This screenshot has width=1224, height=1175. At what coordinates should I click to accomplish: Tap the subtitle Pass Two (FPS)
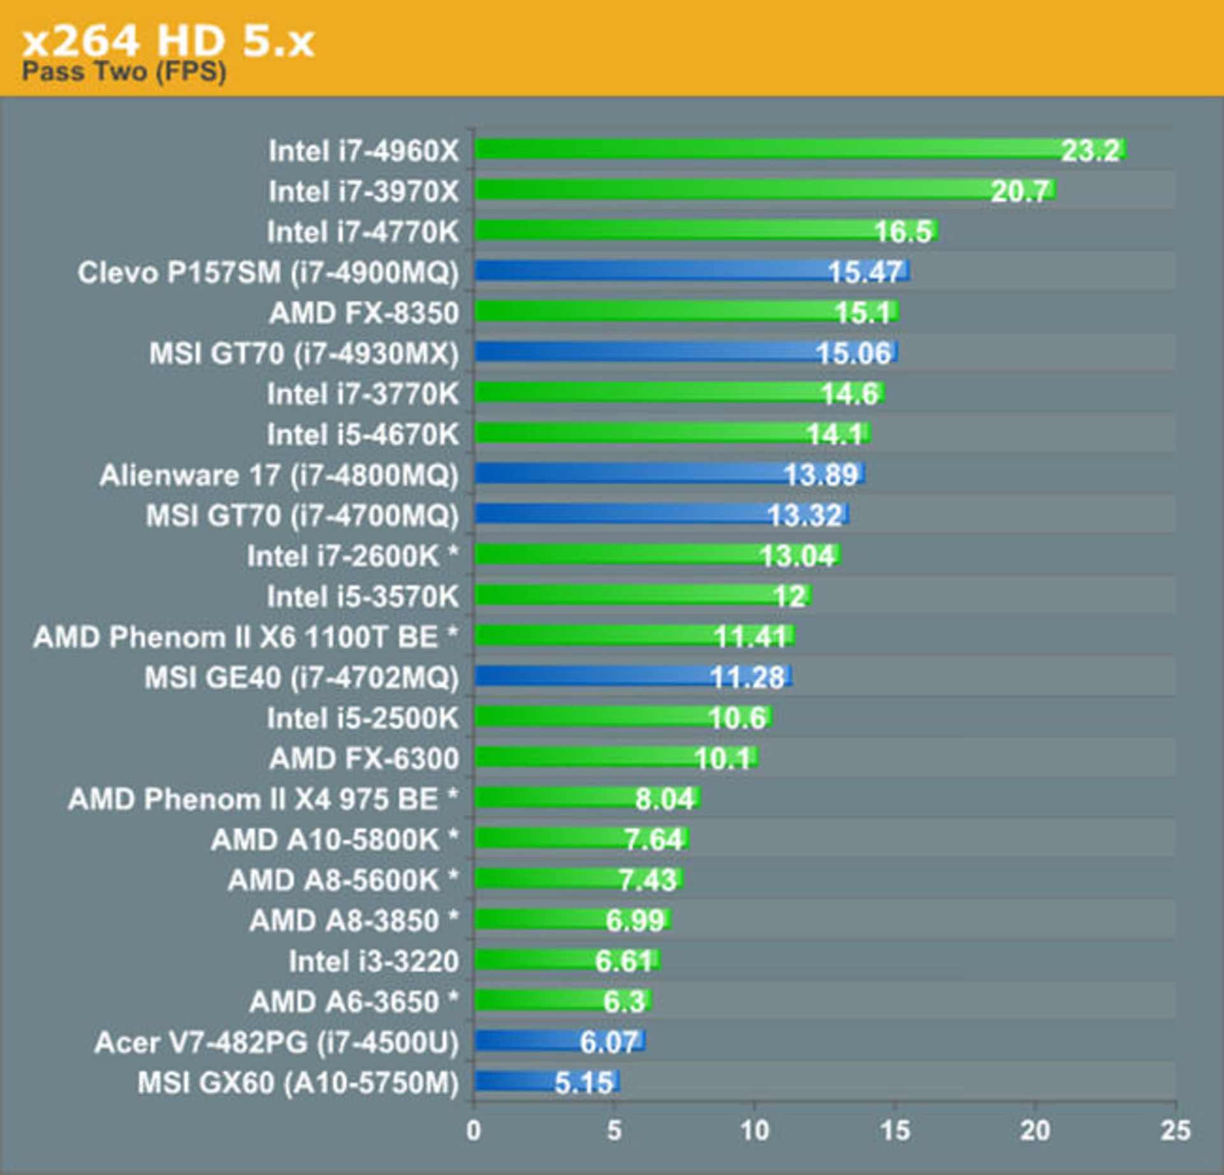[124, 71]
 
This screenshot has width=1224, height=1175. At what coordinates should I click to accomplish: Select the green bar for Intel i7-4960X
[765, 149]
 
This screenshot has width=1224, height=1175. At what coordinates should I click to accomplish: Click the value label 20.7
[1019, 191]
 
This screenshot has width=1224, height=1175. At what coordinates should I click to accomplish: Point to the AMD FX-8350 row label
[364, 312]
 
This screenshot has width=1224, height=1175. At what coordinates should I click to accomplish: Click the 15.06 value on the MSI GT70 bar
[854, 353]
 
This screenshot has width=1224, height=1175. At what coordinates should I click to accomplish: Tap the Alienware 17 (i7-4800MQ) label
[279, 475]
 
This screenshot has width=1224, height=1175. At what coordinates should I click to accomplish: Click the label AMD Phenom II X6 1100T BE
[245, 636]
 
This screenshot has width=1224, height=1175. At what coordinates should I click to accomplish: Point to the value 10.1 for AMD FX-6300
[722, 758]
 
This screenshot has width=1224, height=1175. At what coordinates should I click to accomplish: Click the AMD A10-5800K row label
[335, 839]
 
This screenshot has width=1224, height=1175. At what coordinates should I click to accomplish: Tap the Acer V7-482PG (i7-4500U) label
[276, 1042]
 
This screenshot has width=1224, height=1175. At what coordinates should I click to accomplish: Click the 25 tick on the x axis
[1176, 1130]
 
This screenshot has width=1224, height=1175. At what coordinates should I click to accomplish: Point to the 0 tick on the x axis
[474, 1130]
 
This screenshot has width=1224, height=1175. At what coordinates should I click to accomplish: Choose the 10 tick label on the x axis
[754, 1130]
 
